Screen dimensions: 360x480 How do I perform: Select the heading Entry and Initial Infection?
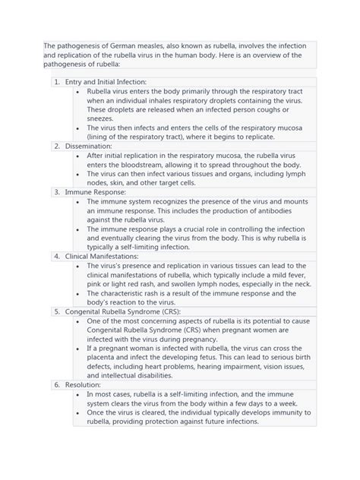click(x=105, y=81)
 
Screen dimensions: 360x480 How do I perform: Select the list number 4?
click(x=56, y=256)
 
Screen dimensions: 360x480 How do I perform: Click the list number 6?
click(x=56, y=385)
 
